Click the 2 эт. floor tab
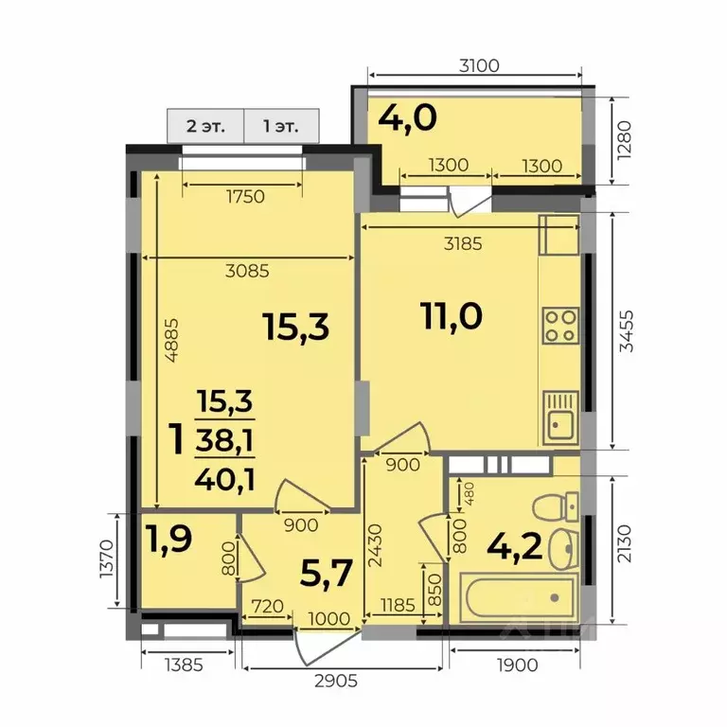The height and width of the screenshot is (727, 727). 205,125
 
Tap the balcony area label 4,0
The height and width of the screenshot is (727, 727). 407,119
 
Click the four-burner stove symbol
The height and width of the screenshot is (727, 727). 559,325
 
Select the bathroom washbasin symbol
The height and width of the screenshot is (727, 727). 564,546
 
